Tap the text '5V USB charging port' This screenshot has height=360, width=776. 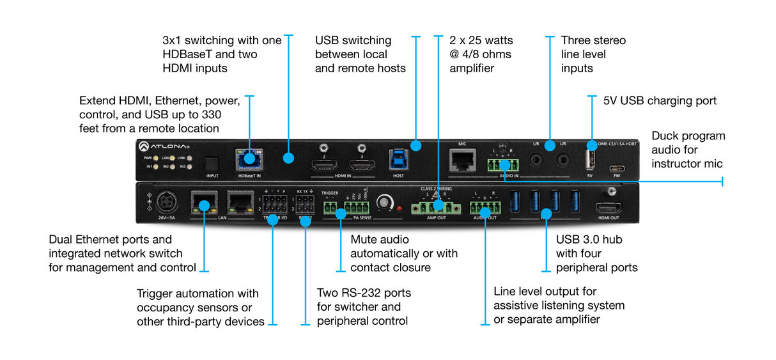pos(660,101)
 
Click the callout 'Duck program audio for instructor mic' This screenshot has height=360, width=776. pos(688,150)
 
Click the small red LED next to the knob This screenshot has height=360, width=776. pos(399,208)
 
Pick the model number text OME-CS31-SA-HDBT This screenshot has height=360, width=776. pos(614,144)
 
